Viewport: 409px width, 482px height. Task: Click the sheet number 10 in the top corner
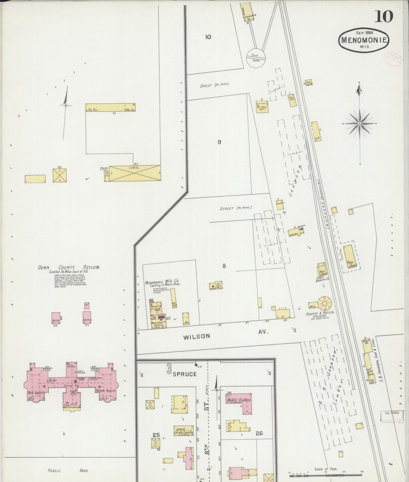click(384, 16)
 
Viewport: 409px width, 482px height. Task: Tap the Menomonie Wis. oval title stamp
click(364, 40)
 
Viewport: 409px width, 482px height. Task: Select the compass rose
click(359, 124)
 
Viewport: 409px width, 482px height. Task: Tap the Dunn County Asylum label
click(69, 267)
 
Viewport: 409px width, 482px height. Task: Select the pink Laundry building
click(87, 317)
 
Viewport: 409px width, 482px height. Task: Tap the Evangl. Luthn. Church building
click(184, 431)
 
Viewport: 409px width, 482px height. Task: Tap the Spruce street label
click(184, 374)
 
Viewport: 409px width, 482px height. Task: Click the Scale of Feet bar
click(326, 473)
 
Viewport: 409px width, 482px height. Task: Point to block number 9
click(219, 142)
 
